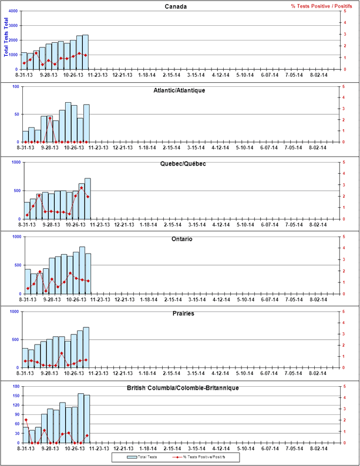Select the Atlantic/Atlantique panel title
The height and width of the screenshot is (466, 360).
pyautogui.click(x=179, y=90)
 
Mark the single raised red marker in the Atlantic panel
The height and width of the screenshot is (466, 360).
pyautogui.click(x=50, y=119)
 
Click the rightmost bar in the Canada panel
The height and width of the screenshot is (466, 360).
pyautogui.click(x=86, y=52)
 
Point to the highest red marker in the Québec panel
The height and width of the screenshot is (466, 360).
pyautogui.click(x=81, y=187)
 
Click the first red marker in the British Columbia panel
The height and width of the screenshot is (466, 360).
pyautogui.click(x=25, y=420)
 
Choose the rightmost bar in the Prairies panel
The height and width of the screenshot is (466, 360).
pyautogui.click(x=86, y=347)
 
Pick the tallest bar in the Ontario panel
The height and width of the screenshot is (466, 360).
pyautogui.click(x=82, y=270)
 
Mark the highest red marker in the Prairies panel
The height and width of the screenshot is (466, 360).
pyautogui.click(x=62, y=353)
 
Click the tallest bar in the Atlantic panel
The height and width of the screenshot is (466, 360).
pyautogui.click(x=68, y=122)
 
